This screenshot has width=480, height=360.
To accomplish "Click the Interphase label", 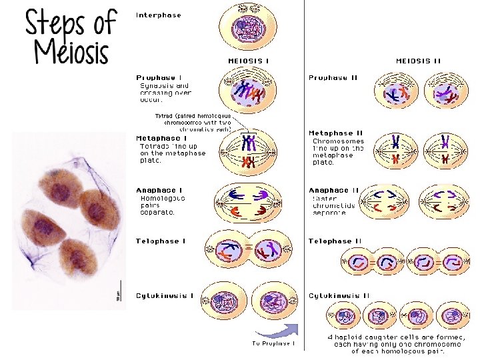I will tap(158, 15).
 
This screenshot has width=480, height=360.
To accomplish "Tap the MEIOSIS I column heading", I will tap(249, 61).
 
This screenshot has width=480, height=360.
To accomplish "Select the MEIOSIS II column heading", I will tap(418, 61).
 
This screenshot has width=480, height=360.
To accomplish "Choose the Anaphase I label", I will tap(159, 190).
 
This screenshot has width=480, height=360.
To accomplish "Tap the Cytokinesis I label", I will tap(165, 295).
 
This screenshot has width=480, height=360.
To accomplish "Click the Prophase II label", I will tap(333, 77).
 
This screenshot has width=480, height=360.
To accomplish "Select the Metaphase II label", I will tap(335, 133).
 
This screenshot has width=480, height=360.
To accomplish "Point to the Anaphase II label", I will tap(333, 190).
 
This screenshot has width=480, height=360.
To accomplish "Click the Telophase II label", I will tap(335, 241).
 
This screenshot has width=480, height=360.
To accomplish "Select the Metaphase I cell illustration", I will tap(248, 150).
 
